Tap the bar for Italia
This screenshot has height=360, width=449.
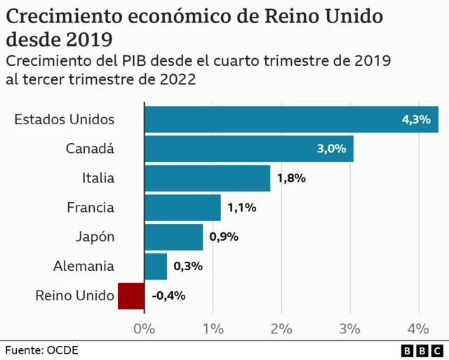207,178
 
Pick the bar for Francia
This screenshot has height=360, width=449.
182,208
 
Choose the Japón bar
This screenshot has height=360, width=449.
173,236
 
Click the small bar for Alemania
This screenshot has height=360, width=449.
156,266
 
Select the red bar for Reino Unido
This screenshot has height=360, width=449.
131,295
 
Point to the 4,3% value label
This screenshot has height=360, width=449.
415,120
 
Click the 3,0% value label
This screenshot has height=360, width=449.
331,149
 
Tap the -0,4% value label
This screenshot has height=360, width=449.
168,295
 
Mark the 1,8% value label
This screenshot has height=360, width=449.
291,178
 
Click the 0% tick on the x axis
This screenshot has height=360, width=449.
144,328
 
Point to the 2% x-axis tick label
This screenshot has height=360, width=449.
281,328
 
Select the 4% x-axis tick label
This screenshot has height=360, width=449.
418,328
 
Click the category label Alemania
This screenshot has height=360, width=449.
83,266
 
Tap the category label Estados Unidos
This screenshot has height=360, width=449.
64,119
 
